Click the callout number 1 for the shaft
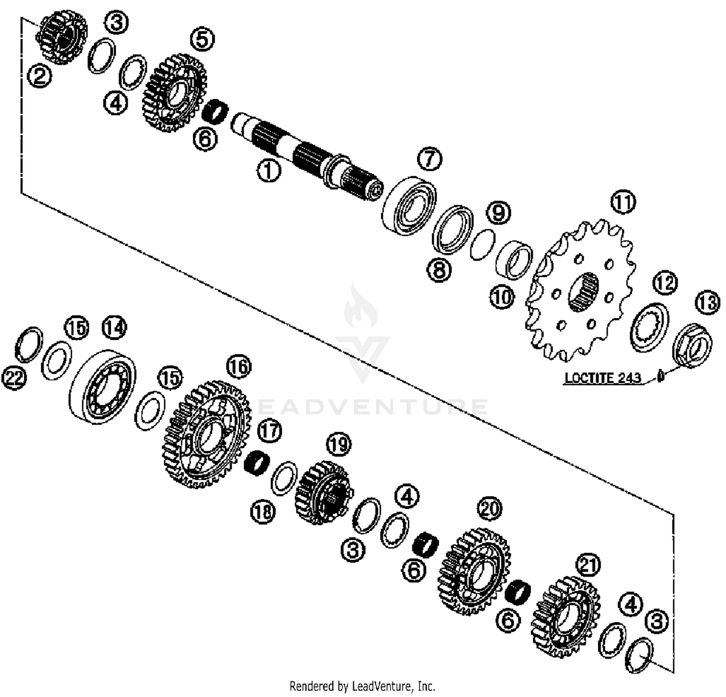click(269, 170)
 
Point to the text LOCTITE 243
click(603, 378)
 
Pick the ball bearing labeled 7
click(409, 205)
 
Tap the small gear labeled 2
click(62, 37)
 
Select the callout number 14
click(114, 328)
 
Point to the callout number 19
click(338, 444)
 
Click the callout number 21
click(588, 565)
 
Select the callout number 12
click(665, 283)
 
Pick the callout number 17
click(270, 429)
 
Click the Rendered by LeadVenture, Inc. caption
click(362, 686)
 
